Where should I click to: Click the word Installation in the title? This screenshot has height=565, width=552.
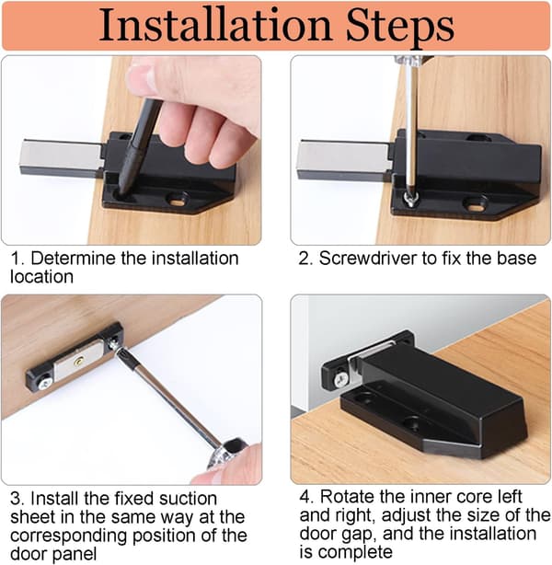point(215,25)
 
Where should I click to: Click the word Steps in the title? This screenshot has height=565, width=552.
point(399,28)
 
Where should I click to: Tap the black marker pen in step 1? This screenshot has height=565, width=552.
point(138,146)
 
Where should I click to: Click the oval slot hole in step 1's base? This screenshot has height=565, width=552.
point(177,202)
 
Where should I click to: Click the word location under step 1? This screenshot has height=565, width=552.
point(41,277)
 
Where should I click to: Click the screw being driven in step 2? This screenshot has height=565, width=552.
point(410,198)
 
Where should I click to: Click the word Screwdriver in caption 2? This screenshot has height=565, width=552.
point(367,259)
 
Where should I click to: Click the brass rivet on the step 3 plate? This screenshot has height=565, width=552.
point(79,361)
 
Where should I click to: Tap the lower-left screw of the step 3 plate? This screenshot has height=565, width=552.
point(46,382)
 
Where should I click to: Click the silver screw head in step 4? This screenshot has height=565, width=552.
point(340,378)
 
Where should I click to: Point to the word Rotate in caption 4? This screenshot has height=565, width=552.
point(347,497)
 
